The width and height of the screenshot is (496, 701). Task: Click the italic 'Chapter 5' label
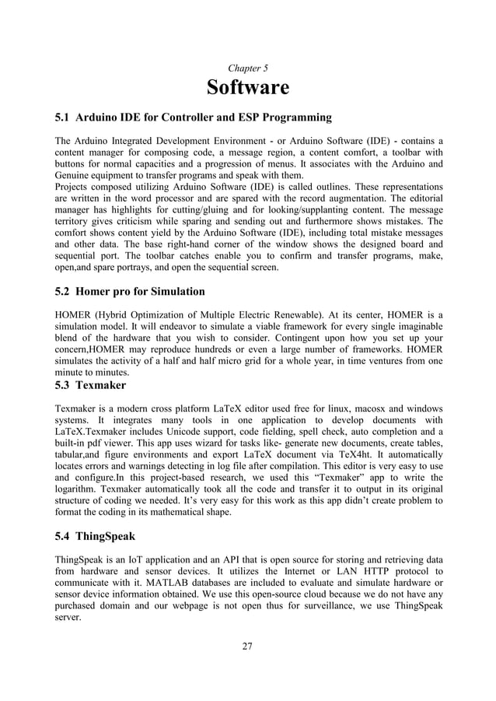[247, 68]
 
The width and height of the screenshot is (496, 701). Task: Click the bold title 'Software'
[247, 88]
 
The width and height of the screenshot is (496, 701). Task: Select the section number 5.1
[62, 118]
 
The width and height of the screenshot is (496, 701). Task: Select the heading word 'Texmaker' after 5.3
[100, 385]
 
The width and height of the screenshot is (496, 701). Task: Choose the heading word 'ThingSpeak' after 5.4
[106, 537]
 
